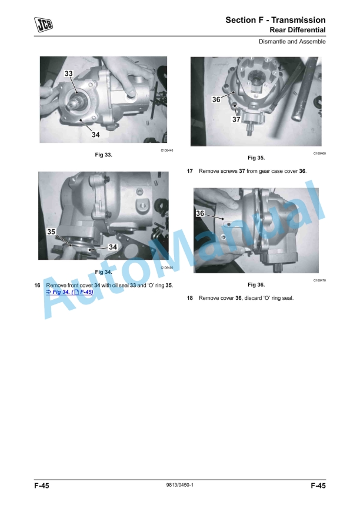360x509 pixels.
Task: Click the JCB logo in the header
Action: coord(43,25)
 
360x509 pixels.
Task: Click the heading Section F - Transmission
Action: coord(275,20)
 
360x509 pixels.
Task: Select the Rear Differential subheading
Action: coord(298,30)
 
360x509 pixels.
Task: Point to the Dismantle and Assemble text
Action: coord(292,42)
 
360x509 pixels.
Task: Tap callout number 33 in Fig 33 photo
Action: coord(69,73)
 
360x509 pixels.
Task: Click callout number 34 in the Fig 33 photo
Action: coord(95,135)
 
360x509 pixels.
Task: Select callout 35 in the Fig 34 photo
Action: coord(51,232)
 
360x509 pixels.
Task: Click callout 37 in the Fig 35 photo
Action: coord(236,119)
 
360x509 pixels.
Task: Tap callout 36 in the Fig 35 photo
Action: coord(216,99)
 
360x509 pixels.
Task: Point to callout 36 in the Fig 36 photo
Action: coord(200,213)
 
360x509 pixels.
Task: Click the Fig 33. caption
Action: coord(104,155)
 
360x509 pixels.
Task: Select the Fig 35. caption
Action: coord(256,158)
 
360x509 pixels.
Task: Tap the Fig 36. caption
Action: coord(256,284)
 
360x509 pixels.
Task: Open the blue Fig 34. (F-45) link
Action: coord(69,292)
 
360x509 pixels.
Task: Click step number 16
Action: coord(38,285)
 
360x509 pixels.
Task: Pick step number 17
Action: coord(190,171)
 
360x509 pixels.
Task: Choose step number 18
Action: coord(190,298)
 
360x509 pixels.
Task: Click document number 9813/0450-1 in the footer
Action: coord(179,485)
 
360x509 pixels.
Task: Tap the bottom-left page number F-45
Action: coord(42,485)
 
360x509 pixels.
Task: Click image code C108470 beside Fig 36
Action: coord(320,280)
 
